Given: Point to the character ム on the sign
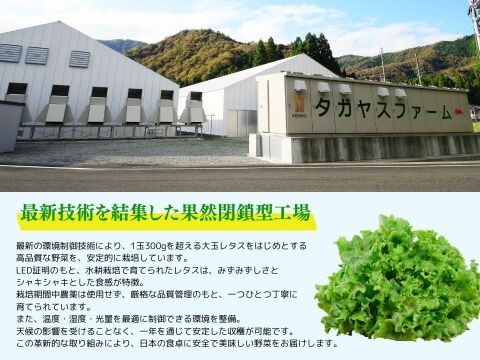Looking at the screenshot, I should click(x=435, y=106).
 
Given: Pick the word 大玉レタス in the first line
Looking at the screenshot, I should click(x=236, y=245).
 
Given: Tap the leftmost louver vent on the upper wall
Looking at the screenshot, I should click(x=11, y=53).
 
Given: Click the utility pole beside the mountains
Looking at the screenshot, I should click(x=381, y=64).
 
